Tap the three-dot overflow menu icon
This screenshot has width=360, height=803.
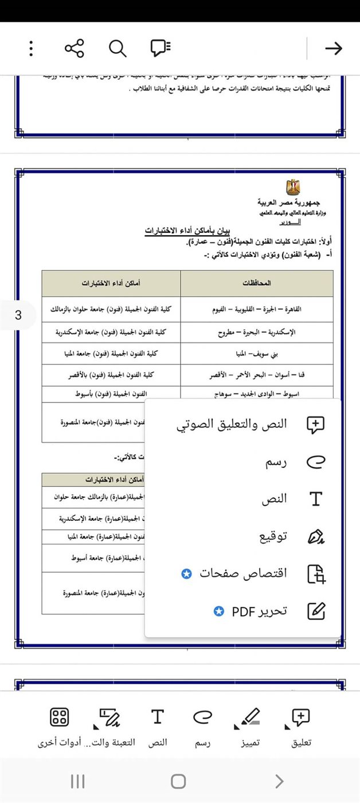[31, 49]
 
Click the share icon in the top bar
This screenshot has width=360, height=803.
[75, 49]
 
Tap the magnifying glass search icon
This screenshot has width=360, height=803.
[118, 49]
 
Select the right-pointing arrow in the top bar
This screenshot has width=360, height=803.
[333, 49]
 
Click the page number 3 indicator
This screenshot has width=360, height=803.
[18, 315]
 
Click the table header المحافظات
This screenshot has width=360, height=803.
[257, 283]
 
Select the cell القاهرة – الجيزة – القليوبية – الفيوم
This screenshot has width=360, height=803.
[257, 310]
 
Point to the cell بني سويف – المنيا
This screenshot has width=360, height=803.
[257, 354]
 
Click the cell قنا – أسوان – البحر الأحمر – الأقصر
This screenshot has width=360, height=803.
[257, 375]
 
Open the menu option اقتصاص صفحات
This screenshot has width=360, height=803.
[243, 574]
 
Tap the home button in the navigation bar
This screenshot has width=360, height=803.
[178, 781]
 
